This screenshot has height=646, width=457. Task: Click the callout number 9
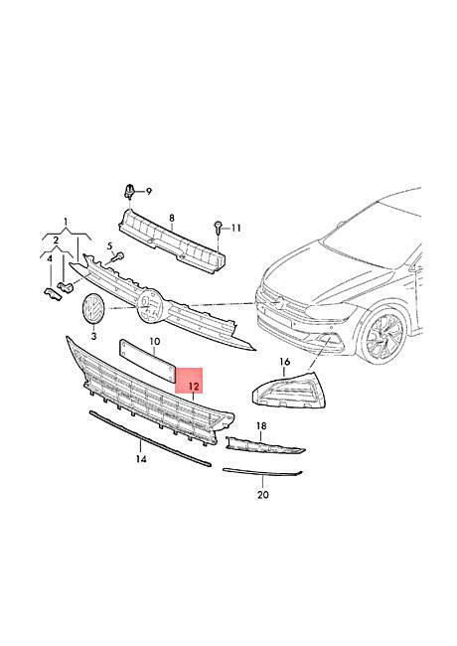tap(149, 191)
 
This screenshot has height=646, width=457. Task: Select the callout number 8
tap(172, 218)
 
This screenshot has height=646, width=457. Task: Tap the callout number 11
tap(235, 228)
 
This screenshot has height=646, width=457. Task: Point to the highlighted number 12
tap(194, 387)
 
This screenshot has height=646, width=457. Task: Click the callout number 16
tap(285, 362)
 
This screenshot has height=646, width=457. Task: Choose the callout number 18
tap(261, 425)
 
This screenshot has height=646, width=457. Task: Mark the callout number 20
tap(263, 494)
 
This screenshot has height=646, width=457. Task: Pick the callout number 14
tap(141, 459)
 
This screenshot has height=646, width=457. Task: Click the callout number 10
tap(155, 342)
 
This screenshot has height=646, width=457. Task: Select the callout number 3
tap(93, 336)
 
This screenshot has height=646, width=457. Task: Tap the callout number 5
tap(110, 246)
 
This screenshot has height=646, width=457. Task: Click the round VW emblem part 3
tap(93, 310)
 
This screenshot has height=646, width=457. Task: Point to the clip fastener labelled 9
tap(129, 192)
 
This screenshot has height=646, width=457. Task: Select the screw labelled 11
tap(218, 228)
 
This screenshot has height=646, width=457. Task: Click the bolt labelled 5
tap(118, 257)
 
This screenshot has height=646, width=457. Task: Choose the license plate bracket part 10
tap(147, 361)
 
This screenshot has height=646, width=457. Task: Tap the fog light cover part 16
tap(289, 390)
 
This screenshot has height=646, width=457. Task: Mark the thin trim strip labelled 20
tap(262, 473)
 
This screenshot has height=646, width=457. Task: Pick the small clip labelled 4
tap(53, 294)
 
